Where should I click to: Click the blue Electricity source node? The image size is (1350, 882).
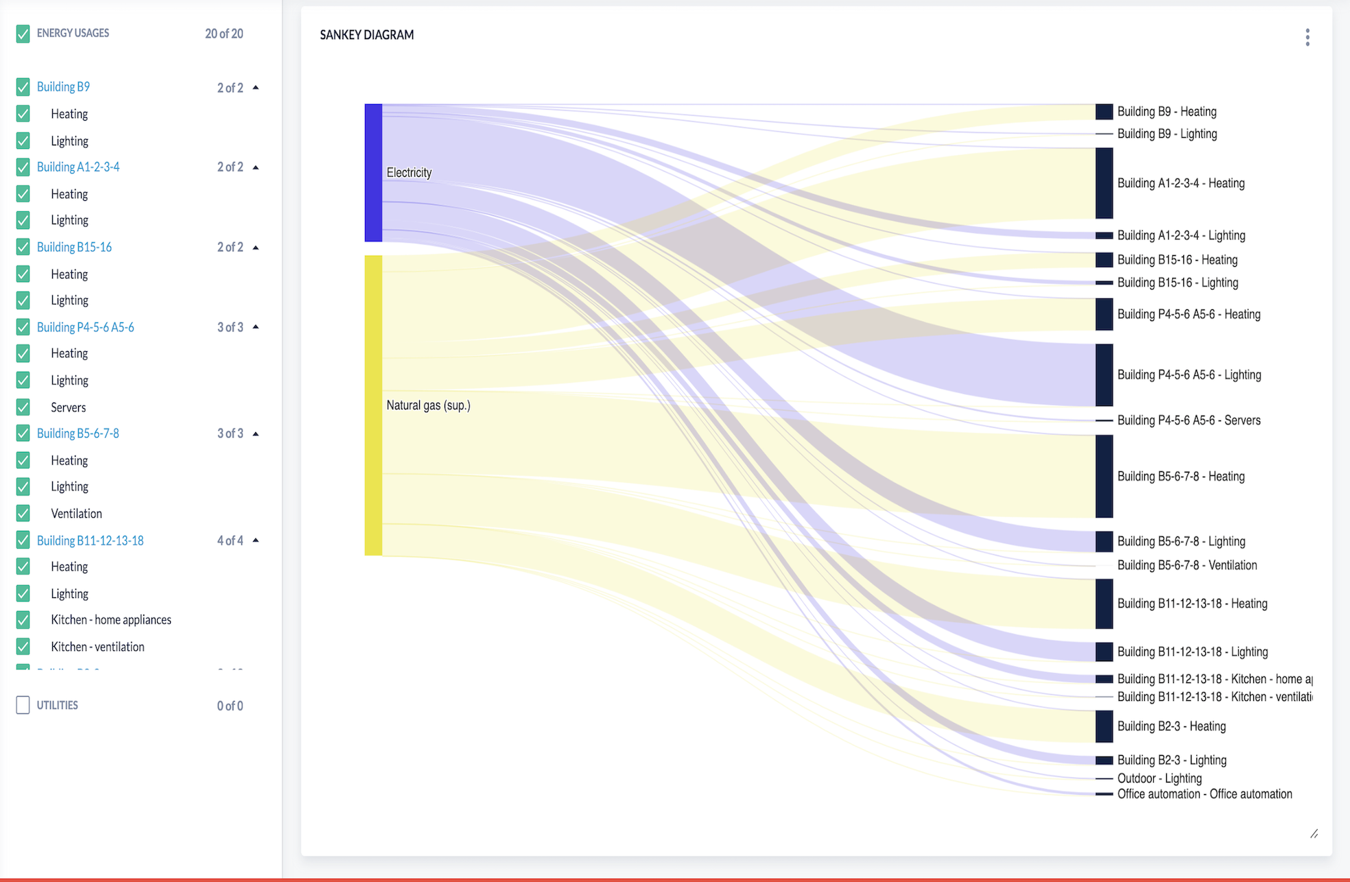373,173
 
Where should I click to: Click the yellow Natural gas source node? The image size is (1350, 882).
373,405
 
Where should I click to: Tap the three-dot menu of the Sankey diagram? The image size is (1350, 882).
1307,37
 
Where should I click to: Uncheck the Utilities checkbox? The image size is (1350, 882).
23,705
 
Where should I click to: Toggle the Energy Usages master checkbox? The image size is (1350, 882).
23,34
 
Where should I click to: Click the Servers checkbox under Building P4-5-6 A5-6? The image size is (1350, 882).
23,407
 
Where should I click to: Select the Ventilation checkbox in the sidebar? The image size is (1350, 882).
23,513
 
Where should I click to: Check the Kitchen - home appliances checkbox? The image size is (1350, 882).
23,620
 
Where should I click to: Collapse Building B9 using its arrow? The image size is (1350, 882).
256,88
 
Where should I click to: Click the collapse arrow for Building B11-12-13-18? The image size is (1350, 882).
256,540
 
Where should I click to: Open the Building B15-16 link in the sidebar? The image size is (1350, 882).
74,247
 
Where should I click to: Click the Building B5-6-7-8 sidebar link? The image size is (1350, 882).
78,433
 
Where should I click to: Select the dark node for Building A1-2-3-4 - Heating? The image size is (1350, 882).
1104,183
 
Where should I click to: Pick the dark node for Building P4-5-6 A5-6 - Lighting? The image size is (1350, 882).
1104,374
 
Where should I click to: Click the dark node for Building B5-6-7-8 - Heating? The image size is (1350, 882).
1104,476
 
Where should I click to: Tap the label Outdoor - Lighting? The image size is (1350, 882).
1159,778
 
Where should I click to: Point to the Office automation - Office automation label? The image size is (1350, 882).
1205,794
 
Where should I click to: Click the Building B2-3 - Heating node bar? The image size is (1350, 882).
1104,726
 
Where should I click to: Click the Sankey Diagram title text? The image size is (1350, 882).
367,35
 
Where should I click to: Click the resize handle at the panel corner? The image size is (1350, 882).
1314,834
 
